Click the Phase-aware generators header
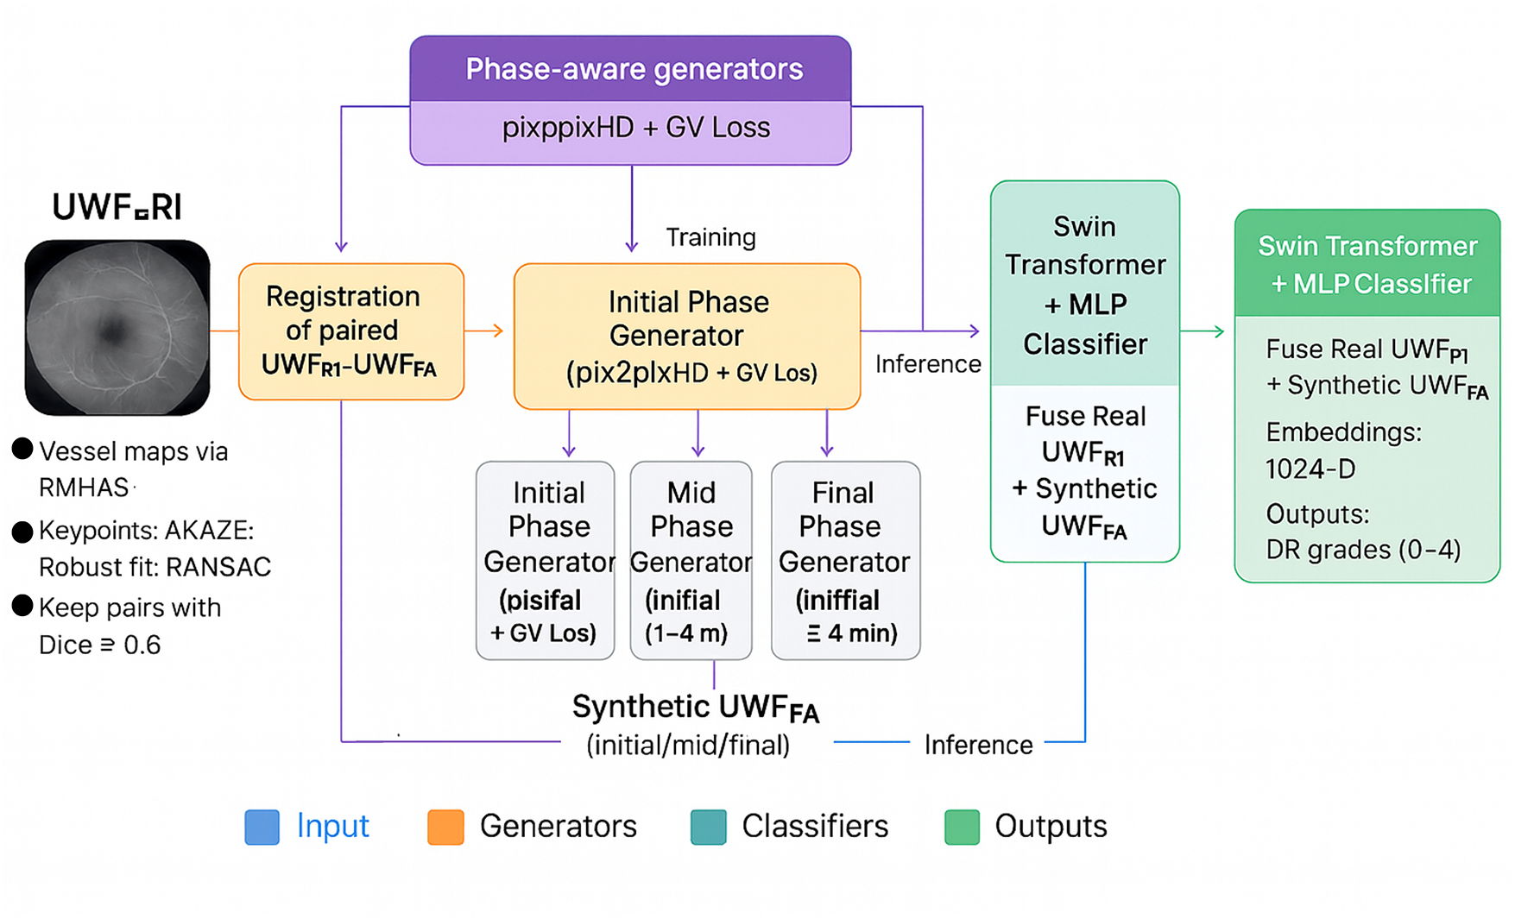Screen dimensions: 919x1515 click(x=634, y=70)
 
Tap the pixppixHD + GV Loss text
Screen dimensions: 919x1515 click(x=635, y=129)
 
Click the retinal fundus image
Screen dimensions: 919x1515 click(x=117, y=328)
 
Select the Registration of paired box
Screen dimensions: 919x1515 click(x=350, y=331)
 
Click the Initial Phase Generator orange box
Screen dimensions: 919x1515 click(x=687, y=337)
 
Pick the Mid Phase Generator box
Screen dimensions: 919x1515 click(x=691, y=561)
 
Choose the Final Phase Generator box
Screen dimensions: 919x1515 click(x=845, y=561)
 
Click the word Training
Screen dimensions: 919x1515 click(x=710, y=237)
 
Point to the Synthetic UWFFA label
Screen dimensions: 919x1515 click(x=695, y=708)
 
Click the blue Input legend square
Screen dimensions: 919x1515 click(x=262, y=827)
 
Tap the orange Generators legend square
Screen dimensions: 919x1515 click(x=445, y=827)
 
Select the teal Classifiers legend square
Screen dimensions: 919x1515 click(x=708, y=827)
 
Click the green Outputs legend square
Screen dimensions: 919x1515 click(x=962, y=827)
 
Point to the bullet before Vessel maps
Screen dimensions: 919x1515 click(x=22, y=449)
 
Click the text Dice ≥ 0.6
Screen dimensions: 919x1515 click(x=99, y=645)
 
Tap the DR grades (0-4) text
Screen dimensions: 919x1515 click(x=1363, y=550)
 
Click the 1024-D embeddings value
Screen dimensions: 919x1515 click(x=1310, y=469)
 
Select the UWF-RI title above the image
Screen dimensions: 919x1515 click(x=117, y=208)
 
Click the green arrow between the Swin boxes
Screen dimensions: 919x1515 click(x=1203, y=331)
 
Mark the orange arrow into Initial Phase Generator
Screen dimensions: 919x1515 click(x=485, y=330)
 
